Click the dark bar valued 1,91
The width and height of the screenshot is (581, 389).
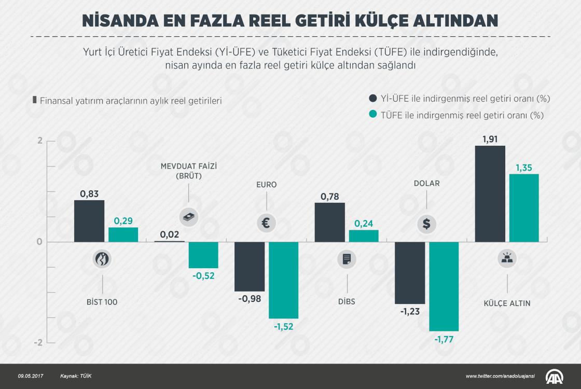pyautogui.click(x=490, y=193)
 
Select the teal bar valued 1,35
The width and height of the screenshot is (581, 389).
pyautogui.click(x=524, y=207)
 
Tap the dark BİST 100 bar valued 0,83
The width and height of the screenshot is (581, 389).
pyautogui.click(x=89, y=221)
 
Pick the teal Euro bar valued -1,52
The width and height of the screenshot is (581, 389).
pyautogui.click(x=283, y=280)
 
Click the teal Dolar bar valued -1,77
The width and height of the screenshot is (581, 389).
pyautogui.click(x=444, y=286)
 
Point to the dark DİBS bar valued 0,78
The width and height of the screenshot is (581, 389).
pyautogui.click(x=330, y=222)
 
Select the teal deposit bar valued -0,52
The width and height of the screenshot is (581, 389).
pyautogui.click(x=203, y=255)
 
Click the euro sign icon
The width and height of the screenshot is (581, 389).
pyautogui.click(x=266, y=223)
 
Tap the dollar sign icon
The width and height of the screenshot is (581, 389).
pyautogui.click(x=426, y=224)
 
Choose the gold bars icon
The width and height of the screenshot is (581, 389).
pyautogui.click(x=507, y=258)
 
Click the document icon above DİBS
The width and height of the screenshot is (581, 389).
pyautogui.click(x=347, y=258)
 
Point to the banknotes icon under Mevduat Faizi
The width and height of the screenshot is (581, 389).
pyautogui.click(x=188, y=217)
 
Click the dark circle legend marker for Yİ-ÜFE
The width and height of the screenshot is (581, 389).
pyautogui.click(x=372, y=99)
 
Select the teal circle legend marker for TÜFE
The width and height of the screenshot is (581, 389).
pyautogui.click(x=372, y=115)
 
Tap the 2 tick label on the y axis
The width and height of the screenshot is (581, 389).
pyautogui.click(x=39, y=141)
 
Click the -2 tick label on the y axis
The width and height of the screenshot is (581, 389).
pyautogui.click(x=38, y=343)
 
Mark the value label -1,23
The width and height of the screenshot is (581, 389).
pyautogui.click(x=410, y=312)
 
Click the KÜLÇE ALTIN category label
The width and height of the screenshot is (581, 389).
pyautogui.click(x=507, y=303)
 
